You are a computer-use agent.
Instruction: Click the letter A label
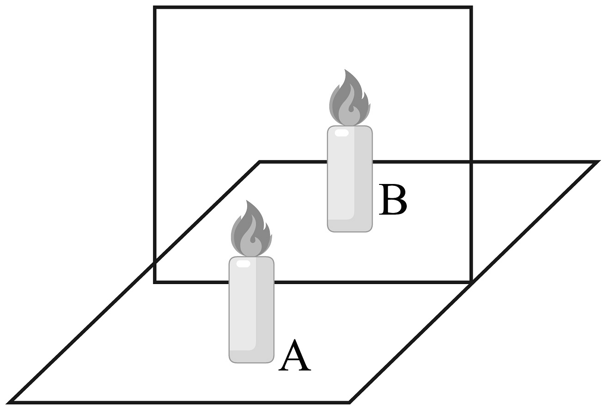pyautogui.click(x=295, y=356)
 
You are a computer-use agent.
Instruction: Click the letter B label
pyautogui.click(x=392, y=200)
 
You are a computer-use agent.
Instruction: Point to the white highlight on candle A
pyautogui.click(x=243, y=264)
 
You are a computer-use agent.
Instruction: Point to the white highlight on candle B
pyautogui.click(x=341, y=133)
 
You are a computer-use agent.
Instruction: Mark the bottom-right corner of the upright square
pyautogui.click(x=471, y=281)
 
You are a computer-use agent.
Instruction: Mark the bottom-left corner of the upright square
pyautogui.click(x=155, y=281)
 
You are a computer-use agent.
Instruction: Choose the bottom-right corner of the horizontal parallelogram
pyautogui.click(x=349, y=402)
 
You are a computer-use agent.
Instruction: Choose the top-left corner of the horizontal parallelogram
pyautogui.click(x=260, y=162)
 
